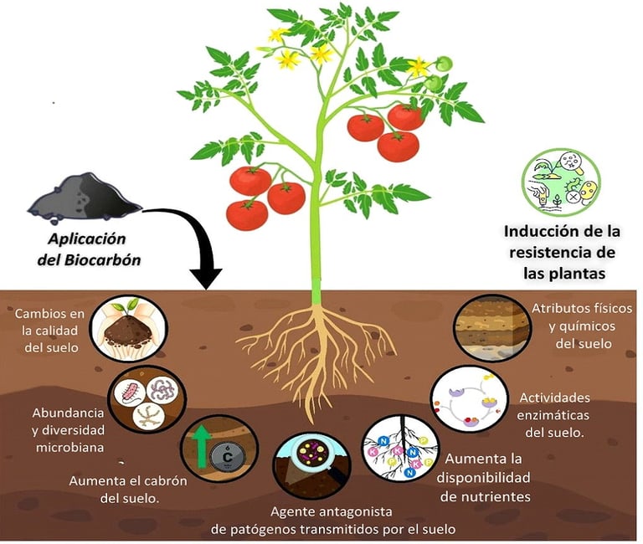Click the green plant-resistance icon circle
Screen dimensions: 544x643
point(559,180)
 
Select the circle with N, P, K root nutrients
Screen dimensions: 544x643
point(399,451)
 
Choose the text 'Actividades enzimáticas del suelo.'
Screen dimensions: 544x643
point(555,414)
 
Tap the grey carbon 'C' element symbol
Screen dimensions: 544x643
point(225,456)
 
